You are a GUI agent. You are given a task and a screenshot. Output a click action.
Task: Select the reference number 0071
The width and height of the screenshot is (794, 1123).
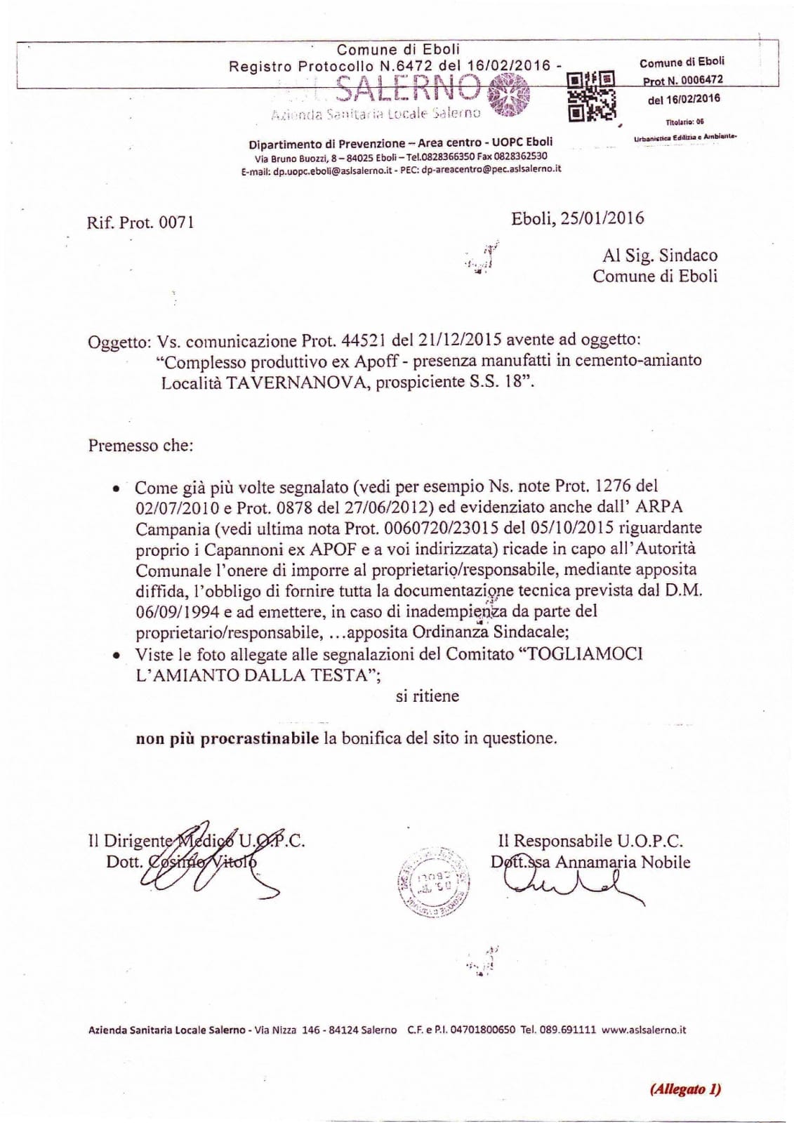(x=176, y=222)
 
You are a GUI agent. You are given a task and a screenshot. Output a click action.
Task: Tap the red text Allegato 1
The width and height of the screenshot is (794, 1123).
(x=685, y=1089)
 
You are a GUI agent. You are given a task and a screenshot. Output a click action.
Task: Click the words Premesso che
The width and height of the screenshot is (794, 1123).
(x=140, y=445)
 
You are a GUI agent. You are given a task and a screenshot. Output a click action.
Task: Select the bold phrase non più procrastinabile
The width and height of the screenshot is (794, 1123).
(x=227, y=738)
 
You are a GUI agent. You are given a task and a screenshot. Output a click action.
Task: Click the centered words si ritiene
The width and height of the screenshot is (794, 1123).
(x=427, y=696)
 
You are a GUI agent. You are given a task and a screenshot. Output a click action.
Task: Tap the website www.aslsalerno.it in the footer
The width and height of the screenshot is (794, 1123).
(x=644, y=1030)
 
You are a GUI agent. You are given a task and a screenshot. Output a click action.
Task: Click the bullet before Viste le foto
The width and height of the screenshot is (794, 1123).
(x=117, y=654)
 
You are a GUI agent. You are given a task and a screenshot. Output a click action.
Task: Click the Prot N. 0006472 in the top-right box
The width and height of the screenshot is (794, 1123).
(x=682, y=81)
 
